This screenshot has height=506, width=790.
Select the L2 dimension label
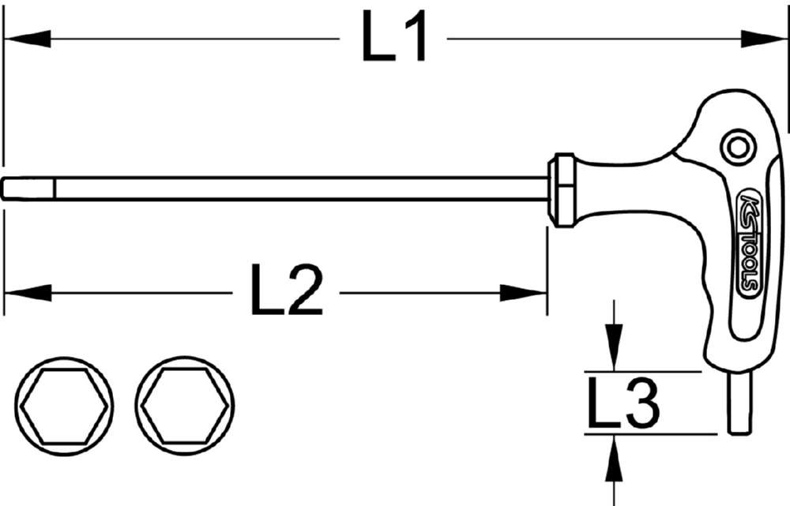(286, 290)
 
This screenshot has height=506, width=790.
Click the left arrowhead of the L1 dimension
(28, 38)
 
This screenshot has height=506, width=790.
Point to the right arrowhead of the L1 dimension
(763, 38)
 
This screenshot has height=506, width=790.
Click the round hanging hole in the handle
(738, 146)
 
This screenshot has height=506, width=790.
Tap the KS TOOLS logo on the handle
(749, 244)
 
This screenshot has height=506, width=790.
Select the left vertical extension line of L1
(4, 95)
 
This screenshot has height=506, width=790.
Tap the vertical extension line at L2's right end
(547, 268)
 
